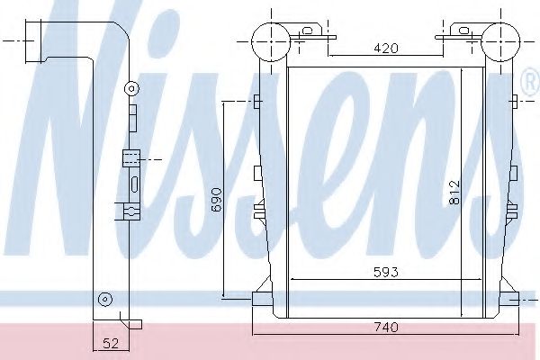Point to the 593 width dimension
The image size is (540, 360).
tap(384, 271)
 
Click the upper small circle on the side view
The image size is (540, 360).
tap(131, 88)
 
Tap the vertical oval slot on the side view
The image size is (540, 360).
tap(133, 185)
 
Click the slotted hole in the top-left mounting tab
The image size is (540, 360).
tap(307, 31)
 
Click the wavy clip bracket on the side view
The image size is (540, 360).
tap(130, 212)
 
